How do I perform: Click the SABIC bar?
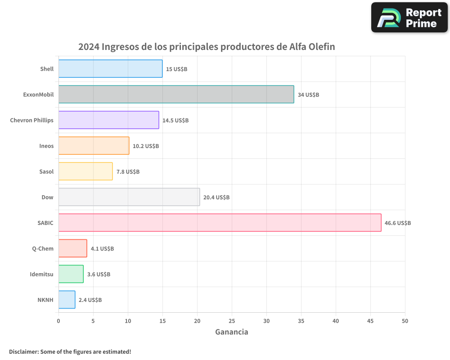pyautogui.click(x=220, y=223)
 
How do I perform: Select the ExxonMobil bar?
pyautogui.click(x=176, y=94)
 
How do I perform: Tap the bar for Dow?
pyautogui.click(x=129, y=197)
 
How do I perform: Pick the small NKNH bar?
pyautogui.click(x=67, y=300)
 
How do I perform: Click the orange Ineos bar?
pyautogui.click(x=94, y=146)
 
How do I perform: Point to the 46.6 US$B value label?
pyautogui.click(x=398, y=223)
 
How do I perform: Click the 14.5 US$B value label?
pyautogui.click(x=175, y=121)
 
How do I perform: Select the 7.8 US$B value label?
pyautogui.click(x=128, y=172)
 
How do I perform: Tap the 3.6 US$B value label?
pyautogui.click(x=99, y=274)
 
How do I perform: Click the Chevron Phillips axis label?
pyautogui.click(x=31, y=120)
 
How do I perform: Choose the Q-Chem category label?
pyautogui.click(x=43, y=249)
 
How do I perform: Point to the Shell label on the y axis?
pyautogui.click(x=46, y=69)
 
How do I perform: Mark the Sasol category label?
pyautogui.click(x=46, y=171)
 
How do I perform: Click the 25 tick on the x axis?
pyautogui.click(x=232, y=321)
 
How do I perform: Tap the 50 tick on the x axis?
pyautogui.click(x=405, y=321)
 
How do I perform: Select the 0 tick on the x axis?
pyautogui.click(x=58, y=321)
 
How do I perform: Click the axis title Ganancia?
pyautogui.click(x=232, y=332)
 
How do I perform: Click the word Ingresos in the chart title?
pyautogui.click(x=120, y=47)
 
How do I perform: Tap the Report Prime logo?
pyautogui.click(x=409, y=18)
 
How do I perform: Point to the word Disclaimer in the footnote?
pyautogui.click(x=23, y=351)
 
